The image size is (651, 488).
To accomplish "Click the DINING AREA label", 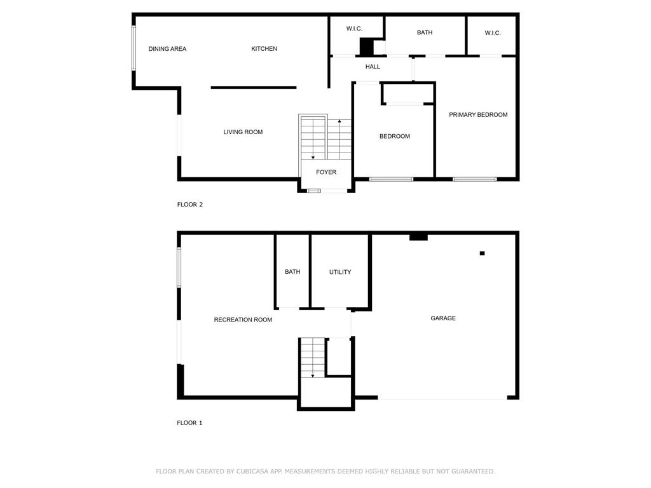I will click(167, 49).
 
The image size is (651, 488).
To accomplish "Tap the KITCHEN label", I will click(264, 49).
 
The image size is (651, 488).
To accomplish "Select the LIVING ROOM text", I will click(243, 132).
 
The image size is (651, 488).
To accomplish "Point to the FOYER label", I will click(326, 172).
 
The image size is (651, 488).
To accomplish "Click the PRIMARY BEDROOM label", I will click(478, 115).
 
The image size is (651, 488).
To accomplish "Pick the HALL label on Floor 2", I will click(373, 67).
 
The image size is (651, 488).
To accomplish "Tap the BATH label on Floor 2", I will click(425, 32).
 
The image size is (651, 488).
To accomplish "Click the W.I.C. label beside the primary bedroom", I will click(493, 33).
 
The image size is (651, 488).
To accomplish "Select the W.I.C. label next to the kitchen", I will click(354, 29).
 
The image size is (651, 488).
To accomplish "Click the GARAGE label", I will click(443, 318).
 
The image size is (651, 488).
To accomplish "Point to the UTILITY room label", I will click(340, 272).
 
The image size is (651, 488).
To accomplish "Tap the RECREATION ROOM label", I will click(243, 320).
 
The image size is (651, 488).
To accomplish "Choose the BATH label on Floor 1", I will click(292, 272).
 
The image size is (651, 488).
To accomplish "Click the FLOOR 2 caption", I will click(189, 205).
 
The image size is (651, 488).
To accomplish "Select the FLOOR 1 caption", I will click(189, 423).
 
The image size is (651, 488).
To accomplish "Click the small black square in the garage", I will click(482, 254).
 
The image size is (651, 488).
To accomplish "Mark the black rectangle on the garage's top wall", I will click(418, 237).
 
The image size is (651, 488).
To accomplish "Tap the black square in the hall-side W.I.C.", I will click(366, 47).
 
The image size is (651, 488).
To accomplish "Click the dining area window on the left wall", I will click(134, 48).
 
